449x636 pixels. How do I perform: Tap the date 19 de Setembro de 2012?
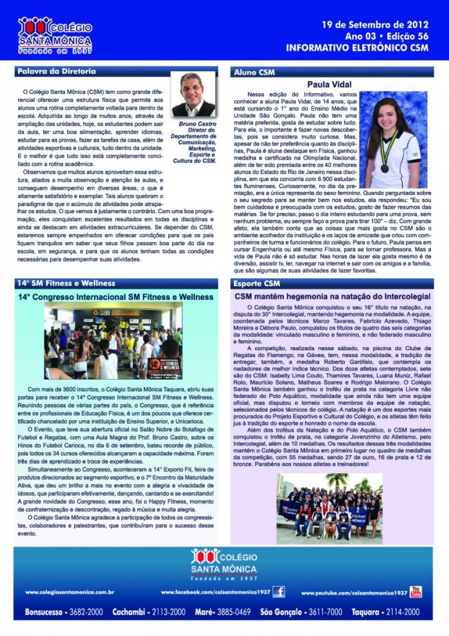click(x=374, y=25)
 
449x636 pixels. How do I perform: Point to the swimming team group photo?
click(x=329, y=509)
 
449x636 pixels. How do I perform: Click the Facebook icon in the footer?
click(x=279, y=591)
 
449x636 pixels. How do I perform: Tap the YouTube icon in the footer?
click(x=415, y=591)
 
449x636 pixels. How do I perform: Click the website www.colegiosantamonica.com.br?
click(x=69, y=593)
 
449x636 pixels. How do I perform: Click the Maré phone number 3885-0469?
click(x=234, y=612)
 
